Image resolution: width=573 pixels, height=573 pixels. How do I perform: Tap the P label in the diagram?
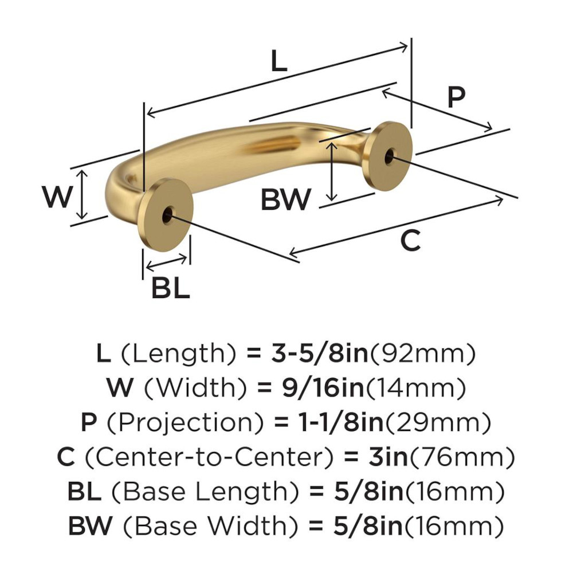[456, 98]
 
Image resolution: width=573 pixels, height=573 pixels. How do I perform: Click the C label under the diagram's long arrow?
[410, 241]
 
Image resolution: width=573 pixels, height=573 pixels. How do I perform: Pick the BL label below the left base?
[170, 288]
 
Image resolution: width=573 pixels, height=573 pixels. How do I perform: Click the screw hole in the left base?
[167, 217]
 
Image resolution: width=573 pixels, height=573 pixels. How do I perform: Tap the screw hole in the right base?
[390, 156]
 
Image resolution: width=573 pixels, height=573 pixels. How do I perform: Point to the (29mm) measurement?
[438, 423]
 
